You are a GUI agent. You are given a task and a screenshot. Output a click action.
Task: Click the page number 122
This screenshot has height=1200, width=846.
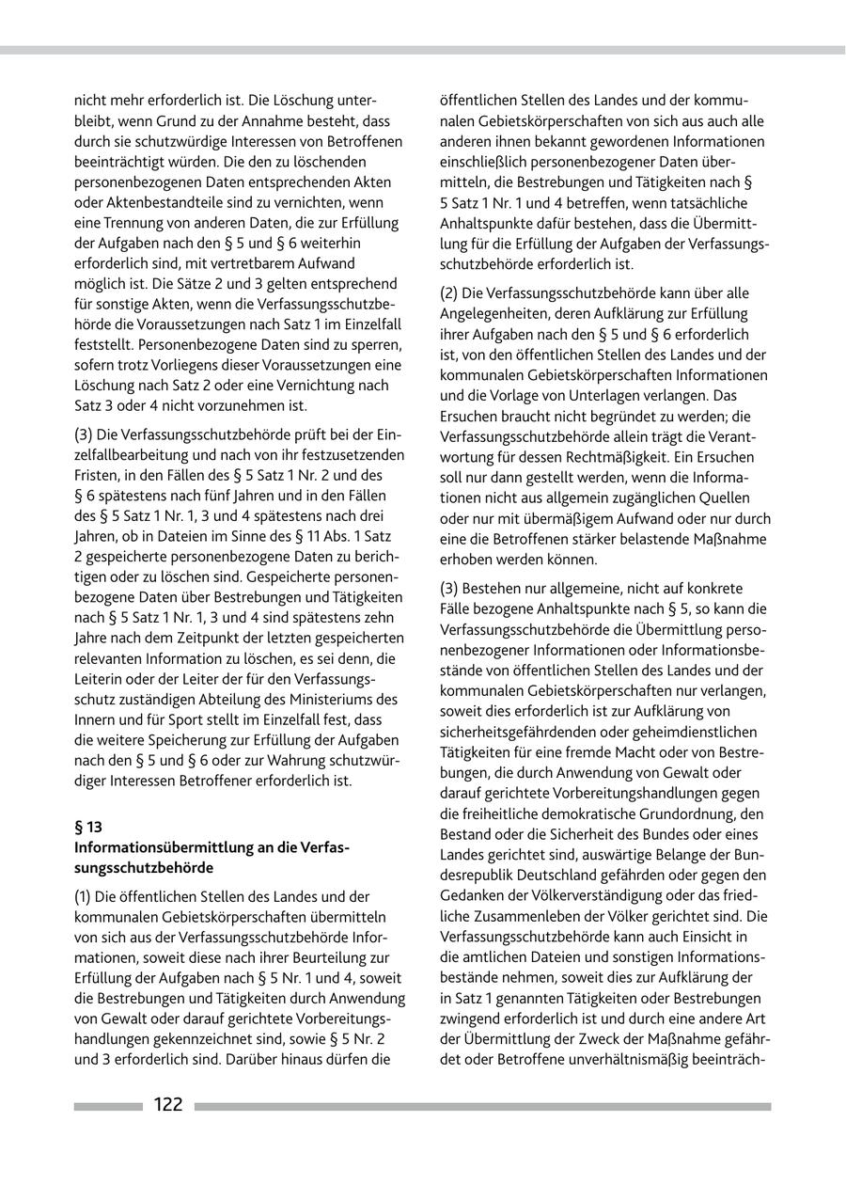[168, 1105]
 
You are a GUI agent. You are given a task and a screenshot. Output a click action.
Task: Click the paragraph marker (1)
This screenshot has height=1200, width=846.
[85, 896]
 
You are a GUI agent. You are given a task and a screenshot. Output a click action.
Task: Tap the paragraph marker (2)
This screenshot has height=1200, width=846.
[451, 293]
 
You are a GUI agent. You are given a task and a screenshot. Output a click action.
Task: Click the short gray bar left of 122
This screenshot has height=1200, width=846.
[108, 1107]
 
